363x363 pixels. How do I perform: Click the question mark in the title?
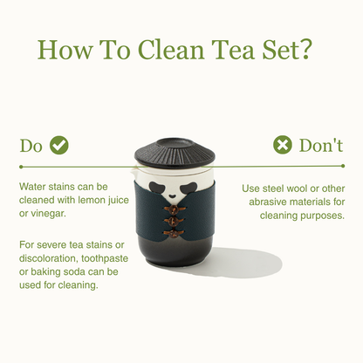click(305, 50)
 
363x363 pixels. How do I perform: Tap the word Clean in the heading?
click(171, 50)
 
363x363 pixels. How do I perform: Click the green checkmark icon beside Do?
click(59, 145)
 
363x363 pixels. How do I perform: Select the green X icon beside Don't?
click(283, 145)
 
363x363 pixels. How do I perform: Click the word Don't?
click(321, 145)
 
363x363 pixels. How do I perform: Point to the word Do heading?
click(31, 146)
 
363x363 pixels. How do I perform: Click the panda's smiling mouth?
click(172, 196)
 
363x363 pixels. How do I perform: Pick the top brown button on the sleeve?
click(174, 209)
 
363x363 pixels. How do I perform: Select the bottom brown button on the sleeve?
click(174, 233)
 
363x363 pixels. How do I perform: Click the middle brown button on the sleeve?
click(174, 221)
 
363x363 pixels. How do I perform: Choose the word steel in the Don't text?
click(273, 188)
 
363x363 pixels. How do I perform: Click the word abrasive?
click(266, 202)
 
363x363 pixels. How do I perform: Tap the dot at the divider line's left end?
click(21, 167)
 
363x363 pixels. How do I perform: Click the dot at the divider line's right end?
click(343, 166)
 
